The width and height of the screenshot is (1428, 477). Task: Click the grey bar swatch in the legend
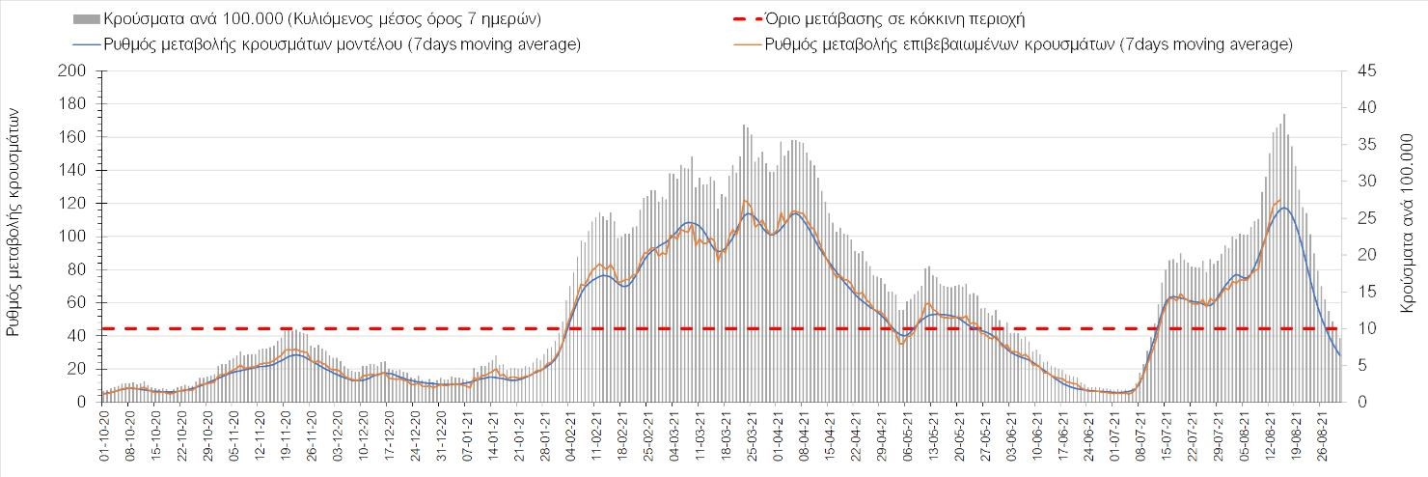pos(86,19)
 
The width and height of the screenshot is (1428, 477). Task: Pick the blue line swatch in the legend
pos(86,44)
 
